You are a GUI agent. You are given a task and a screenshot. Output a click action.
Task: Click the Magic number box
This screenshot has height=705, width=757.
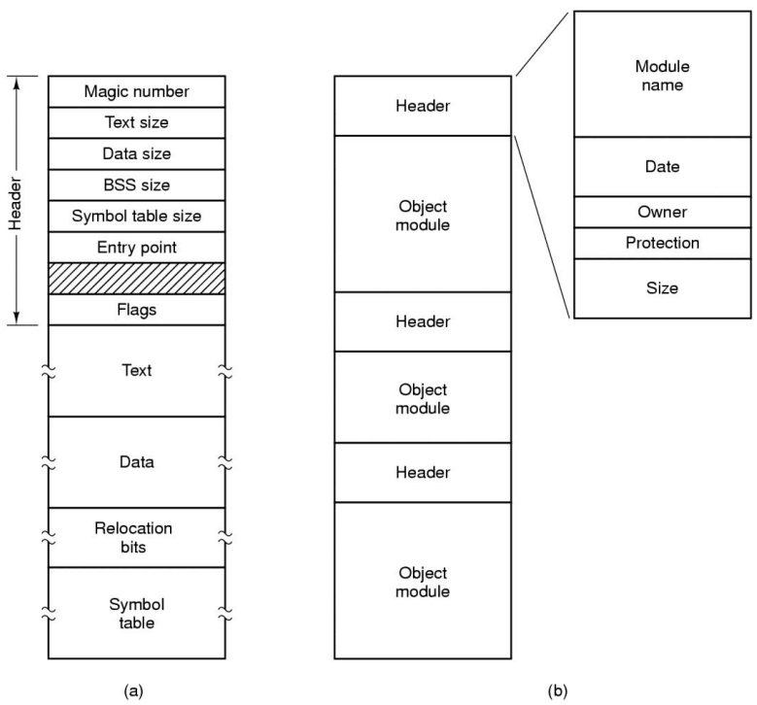[x=137, y=91]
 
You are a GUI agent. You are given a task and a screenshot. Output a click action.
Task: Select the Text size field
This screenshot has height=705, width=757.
[x=137, y=122]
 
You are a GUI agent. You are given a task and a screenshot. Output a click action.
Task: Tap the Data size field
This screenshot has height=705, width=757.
[x=137, y=154]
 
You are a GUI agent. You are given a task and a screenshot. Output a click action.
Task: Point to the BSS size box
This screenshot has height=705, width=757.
[x=137, y=185]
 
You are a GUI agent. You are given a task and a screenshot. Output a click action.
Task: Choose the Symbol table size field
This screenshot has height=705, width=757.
[x=137, y=217]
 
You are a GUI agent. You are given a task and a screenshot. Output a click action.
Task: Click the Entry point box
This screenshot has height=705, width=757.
[x=137, y=248]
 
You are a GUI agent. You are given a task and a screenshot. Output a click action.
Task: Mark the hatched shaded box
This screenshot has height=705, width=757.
[x=137, y=279]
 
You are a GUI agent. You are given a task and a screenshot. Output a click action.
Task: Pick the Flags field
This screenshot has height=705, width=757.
[x=137, y=310]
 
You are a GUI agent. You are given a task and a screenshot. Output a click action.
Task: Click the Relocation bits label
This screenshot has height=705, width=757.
[x=133, y=538]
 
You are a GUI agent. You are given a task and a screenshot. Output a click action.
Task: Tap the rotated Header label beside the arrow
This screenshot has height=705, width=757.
[x=16, y=203]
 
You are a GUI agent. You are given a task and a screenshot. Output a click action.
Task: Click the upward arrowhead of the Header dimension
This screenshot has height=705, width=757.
[x=17, y=84]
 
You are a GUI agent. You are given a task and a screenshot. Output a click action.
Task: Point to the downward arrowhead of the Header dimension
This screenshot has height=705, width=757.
[x=17, y=318]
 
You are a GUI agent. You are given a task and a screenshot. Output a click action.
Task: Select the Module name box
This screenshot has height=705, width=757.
[x=663, y=75]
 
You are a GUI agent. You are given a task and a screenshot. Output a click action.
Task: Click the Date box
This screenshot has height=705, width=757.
[x=663, y=166]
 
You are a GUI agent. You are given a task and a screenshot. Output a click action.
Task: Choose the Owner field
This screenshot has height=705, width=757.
[x=663, y=212]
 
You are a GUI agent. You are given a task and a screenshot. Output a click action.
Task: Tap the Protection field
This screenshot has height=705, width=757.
[x=663, y=243]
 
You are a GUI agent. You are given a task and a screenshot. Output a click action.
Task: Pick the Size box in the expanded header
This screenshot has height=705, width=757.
[x=663, y=288]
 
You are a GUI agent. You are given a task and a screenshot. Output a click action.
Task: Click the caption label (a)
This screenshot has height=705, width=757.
[x=134, y=691]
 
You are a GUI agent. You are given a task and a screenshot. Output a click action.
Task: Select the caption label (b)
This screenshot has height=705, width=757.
[x=558, y=691]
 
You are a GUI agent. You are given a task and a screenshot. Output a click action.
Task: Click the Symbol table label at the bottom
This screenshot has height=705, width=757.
[x=137, y=614]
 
